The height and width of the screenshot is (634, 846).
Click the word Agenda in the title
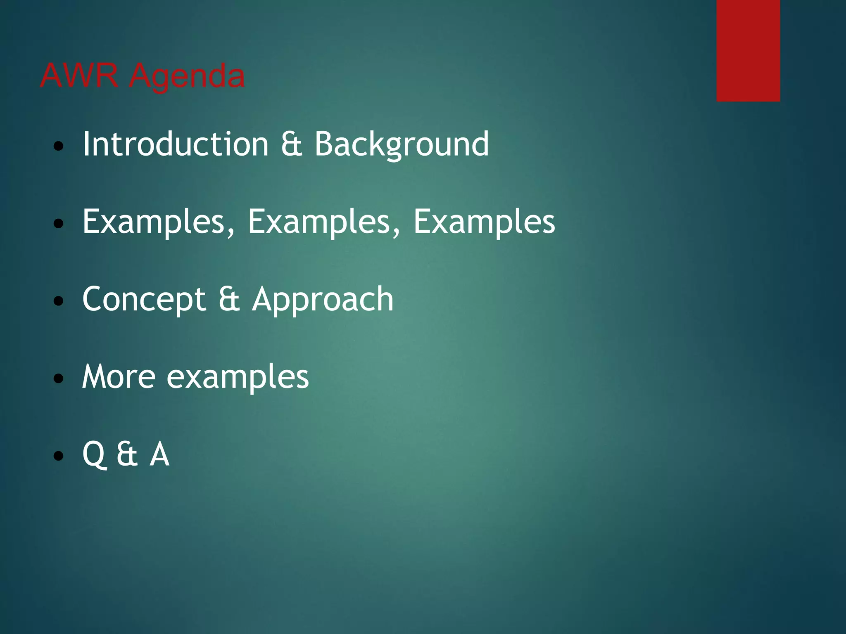pos(187,77)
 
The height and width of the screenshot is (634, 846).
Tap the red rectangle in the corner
pos(748,50)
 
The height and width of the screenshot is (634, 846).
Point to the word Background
pos(402,145)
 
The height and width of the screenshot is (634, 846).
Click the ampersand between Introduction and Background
pos(292,144)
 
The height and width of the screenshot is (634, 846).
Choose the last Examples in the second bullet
pos(484,222)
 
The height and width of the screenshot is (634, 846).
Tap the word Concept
pos(144,299)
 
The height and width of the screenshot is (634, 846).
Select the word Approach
pos(323,300)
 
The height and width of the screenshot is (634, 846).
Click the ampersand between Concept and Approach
pos(229,299)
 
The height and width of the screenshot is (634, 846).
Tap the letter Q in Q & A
pos(94,454)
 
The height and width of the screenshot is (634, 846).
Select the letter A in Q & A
pos(159,454)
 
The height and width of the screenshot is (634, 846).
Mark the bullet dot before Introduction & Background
pos(59,146)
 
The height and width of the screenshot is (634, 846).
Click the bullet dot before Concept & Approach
pos(59,301)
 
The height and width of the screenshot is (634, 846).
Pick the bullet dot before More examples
pos(59,379)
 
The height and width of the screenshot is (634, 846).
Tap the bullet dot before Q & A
pos(59,456)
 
